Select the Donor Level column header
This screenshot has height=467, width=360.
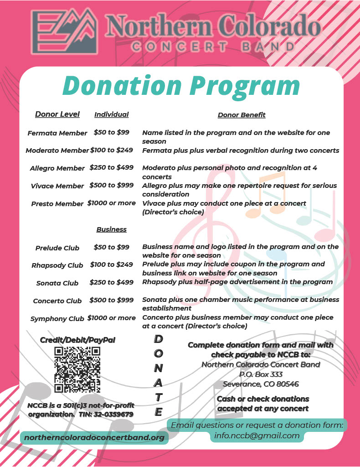click(x=57, y=114)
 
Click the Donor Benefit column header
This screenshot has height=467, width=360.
click(x=242, y=115)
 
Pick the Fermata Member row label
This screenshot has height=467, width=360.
click(x=57, y=133)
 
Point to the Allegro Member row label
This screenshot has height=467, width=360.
click(x=57, y=168)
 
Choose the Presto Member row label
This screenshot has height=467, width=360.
click(x=57, y=204)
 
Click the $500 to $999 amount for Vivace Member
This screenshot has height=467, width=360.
click(x=112, y=185)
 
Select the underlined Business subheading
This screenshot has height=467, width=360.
click(x=111, y=229)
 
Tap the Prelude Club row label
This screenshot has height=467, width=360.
click(x=57, y=248)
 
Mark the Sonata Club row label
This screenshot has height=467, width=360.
click(x=57, y=283)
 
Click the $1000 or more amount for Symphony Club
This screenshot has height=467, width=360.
click(x=112, y=318)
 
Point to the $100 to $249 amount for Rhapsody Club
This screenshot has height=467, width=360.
click(x=112, y=265)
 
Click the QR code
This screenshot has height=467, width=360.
click(x=77, y=370)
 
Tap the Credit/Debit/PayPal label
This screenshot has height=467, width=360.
click(x=77, y=340)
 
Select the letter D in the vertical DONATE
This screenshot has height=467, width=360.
click(x=158, y=339)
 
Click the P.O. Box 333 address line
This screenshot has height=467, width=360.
click(x=261, y=374)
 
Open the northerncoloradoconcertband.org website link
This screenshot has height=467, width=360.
click(x=94, y=437)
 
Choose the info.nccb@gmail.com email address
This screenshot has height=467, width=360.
click(x=257, y=436)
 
